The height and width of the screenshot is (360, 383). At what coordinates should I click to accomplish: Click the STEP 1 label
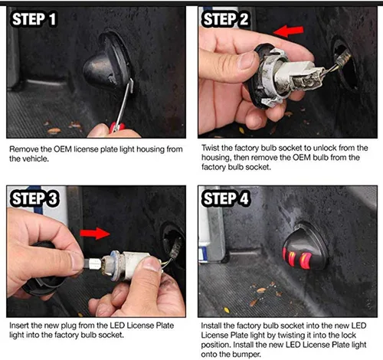click(x=34, y=19)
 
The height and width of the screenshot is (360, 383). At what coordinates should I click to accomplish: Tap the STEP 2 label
click(x=225, y=19)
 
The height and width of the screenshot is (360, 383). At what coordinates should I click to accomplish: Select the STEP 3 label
click(x=34, y=198)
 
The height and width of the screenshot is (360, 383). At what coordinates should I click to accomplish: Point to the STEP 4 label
click(x=226, y=198)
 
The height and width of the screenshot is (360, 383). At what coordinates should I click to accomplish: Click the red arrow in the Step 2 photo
click(x=289, y=31)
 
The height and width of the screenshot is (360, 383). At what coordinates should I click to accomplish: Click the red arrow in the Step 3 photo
click(x=95, y=234)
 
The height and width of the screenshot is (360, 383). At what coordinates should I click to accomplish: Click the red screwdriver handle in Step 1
click(x=117, y=127)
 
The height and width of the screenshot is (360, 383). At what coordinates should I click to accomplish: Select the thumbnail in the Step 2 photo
click(x=247, y=61)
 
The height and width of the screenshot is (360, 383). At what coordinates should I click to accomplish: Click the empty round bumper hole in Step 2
click(x=345, y=64)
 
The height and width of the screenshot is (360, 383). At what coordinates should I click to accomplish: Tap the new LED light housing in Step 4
click(x=305, y=247)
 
